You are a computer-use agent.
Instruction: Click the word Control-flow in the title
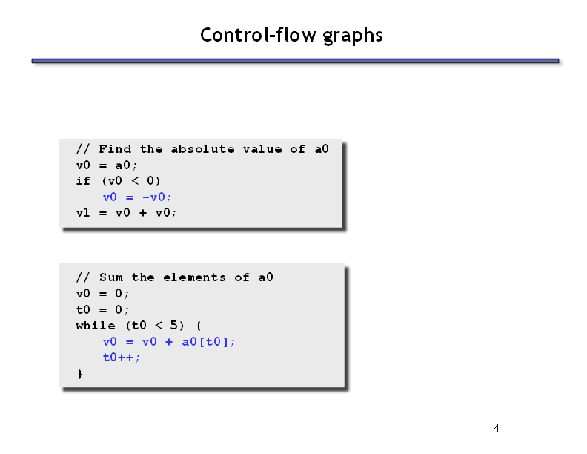click(x=259, y=35)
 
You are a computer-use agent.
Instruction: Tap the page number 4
click(x=496, y=429)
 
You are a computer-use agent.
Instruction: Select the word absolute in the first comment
click(x=202, y=148)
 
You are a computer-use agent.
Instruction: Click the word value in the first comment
click(x=262, y=148)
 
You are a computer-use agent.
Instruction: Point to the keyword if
click(x=83, y=181)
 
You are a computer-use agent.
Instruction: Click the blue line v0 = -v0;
click(x=137, y=197)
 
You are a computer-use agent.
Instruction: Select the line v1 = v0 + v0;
click(x=126, y=213)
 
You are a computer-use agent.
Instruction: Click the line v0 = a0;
click(x=107, y=165)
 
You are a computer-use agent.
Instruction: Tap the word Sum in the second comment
click(x=111, y=277)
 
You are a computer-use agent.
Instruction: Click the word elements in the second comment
click(x=194, y=277)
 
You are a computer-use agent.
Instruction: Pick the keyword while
click(x=96, y=325)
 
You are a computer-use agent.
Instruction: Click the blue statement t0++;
click(x=122, y=358)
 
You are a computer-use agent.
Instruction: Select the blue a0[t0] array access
click(x=205, y=342)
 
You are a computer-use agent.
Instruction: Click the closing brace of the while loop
click(x=80, y=373)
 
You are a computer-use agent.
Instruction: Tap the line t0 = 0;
click(x=102, y=309)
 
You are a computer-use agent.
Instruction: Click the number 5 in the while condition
click(x=173, y=325)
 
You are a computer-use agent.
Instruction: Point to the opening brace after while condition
click(x=199, y=326)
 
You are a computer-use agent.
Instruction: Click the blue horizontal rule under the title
click(x=296, y=61)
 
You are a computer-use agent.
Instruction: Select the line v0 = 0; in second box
click(x=102, y=293)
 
